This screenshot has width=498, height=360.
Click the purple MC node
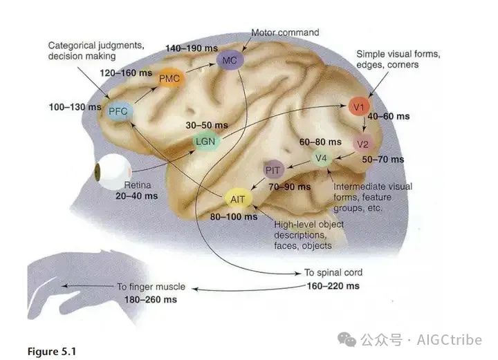230,60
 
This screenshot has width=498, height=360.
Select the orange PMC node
170,78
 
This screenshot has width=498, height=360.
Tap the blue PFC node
118,111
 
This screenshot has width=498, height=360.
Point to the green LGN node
206,142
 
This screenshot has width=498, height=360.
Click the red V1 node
358,107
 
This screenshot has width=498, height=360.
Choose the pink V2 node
362,144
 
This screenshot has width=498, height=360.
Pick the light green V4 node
321,158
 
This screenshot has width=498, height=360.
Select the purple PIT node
273,170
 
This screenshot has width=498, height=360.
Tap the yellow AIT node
238,199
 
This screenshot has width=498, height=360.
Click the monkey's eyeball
113,171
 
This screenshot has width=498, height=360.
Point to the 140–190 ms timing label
192,48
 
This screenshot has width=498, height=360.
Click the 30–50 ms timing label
207,125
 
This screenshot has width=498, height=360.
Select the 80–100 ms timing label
234,217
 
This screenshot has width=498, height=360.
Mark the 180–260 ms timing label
151,300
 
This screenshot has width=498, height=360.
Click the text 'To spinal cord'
333,272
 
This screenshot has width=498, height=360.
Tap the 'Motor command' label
285,32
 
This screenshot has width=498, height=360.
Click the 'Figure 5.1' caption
52,352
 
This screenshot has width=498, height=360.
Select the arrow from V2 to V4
345,155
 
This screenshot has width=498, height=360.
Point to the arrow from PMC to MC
201,68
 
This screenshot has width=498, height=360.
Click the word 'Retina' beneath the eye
138,185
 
